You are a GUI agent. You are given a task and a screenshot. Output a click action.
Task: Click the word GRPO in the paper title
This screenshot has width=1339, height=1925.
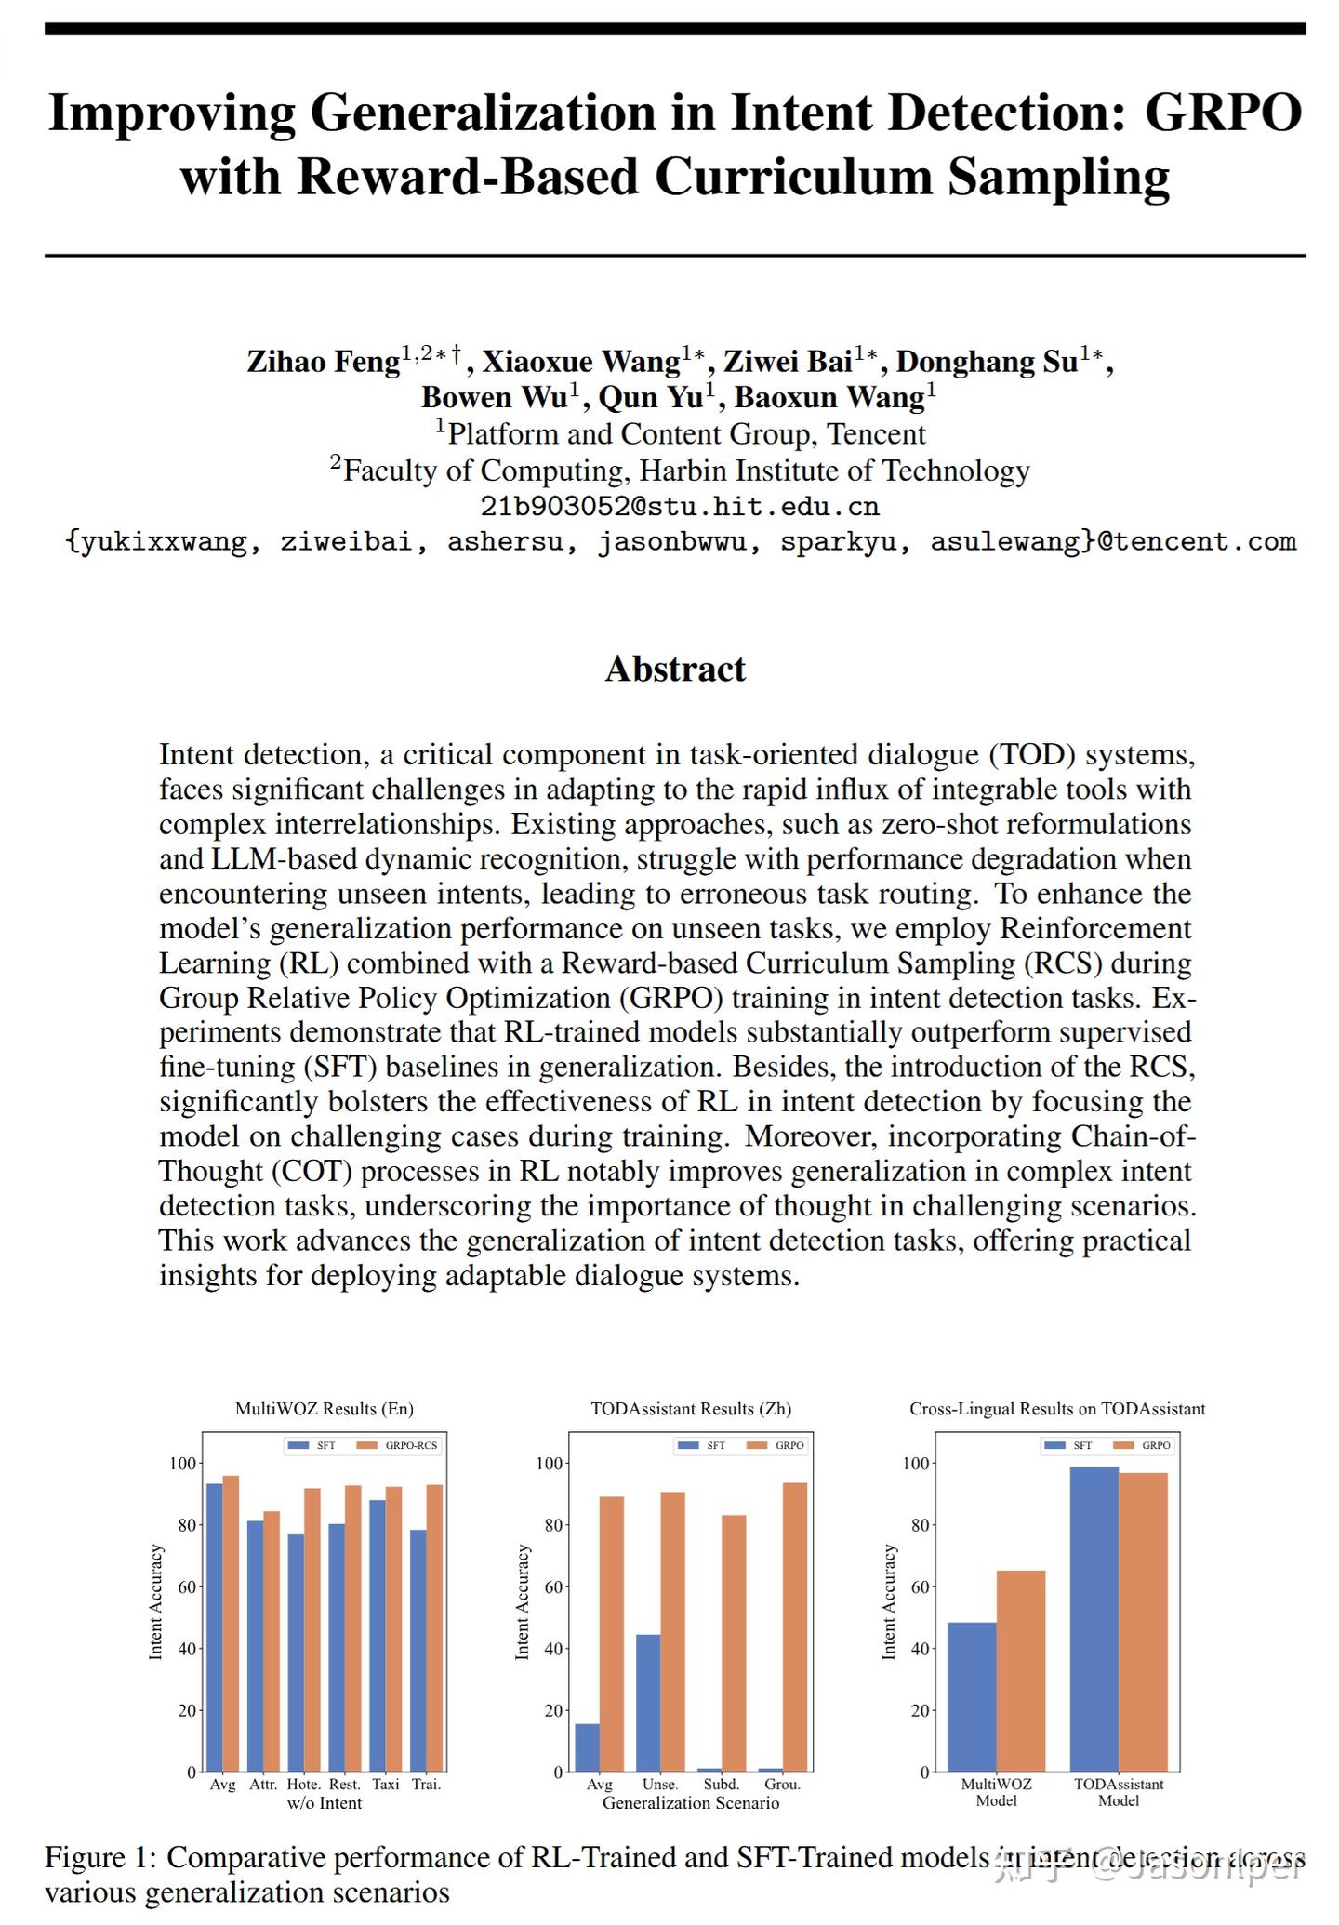pos(1222,113)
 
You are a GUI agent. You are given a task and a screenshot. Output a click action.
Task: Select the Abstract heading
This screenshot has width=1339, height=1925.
pos(675,669)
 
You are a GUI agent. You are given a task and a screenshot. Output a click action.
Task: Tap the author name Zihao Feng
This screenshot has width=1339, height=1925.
pos(323,362)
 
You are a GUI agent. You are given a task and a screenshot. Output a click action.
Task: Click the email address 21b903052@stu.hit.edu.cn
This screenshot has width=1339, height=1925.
pos(679,507)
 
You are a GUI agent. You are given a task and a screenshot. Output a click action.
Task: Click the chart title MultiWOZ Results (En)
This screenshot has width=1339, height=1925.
pos(324,1409)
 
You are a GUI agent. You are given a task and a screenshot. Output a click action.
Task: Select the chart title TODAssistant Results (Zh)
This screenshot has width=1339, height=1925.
pos(691,1409)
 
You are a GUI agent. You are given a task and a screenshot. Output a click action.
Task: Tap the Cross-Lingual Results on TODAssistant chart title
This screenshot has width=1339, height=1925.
pos(1057,1409)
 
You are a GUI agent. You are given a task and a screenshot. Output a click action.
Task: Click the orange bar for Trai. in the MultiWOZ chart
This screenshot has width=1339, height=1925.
pos(434,1627)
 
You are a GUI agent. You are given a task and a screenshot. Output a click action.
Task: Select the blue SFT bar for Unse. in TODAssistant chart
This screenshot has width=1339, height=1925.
pos(648,1703)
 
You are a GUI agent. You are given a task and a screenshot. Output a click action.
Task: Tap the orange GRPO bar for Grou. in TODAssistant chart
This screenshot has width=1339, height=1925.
pos(795,1626)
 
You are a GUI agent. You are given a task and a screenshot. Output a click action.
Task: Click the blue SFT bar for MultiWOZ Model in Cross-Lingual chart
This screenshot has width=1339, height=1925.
pos(971,1697)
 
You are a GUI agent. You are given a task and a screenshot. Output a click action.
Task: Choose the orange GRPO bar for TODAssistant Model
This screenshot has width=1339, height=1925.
pos(1143,1622)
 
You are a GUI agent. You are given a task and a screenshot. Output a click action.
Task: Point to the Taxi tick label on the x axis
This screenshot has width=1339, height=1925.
pos(385,1785)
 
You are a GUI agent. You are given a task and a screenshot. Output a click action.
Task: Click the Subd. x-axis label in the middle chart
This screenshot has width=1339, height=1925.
pos(722,1785)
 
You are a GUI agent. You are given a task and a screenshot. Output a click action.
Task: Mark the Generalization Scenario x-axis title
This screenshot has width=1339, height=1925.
pos(691,1803)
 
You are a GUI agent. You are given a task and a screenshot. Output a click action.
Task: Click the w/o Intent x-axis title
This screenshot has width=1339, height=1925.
pos(324,1803)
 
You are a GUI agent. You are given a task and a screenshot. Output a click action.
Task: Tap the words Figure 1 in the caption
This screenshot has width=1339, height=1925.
pos(99,1857)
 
